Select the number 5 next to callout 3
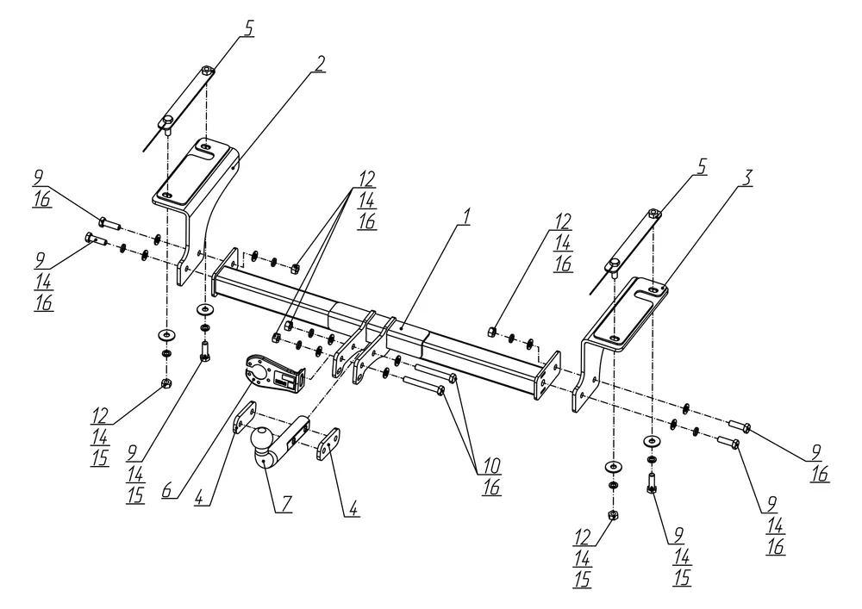click(702, 166)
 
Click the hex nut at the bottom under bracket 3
click(613, 515)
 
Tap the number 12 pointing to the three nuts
click(366, 178)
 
